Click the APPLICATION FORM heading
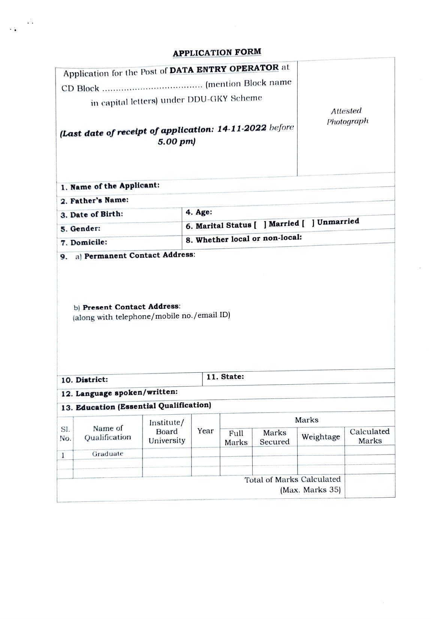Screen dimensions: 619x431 tap(217, 52)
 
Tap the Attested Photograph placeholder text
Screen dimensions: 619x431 tap(347, 116)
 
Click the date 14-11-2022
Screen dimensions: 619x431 tap(242, 129)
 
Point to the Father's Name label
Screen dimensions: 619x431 tap(99, 200)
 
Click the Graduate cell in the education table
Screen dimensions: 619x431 tap(108, 454)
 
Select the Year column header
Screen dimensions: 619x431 tap(205, 431)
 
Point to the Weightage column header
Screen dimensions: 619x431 tap(321, 437)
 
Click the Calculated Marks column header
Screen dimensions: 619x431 tap(370, 436)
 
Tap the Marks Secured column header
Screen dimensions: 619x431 tap(274, 437)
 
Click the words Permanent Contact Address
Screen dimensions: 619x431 tap(139, 255)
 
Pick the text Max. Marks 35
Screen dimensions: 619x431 tap(310, 490)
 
